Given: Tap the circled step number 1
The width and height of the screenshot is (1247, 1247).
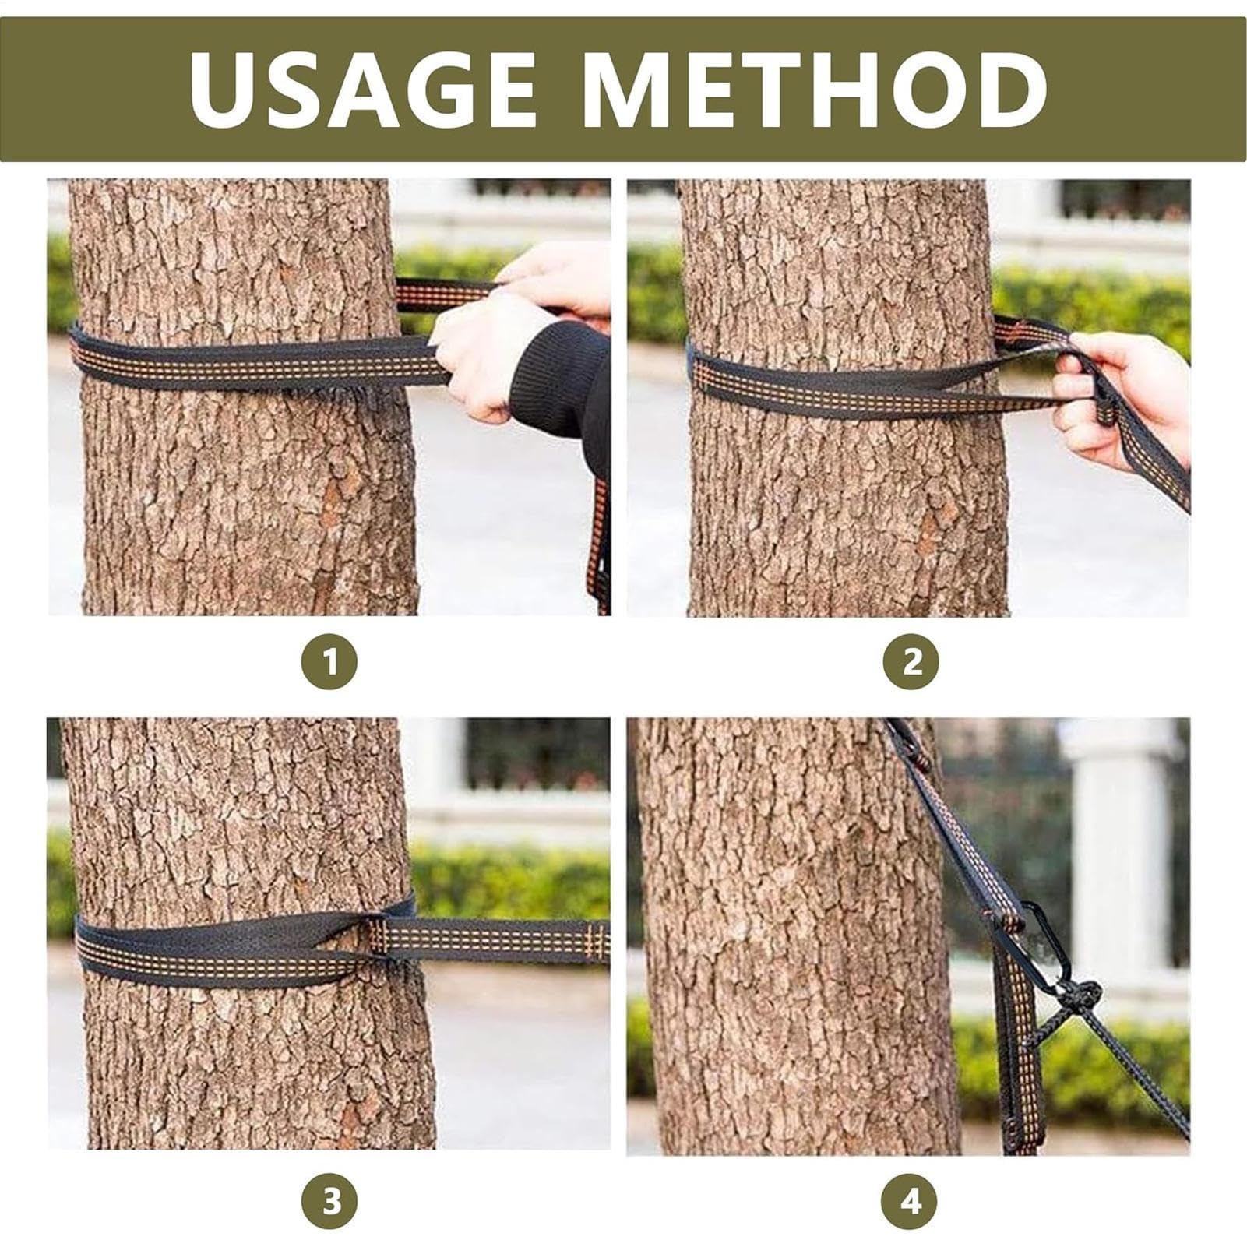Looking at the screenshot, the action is tap(329, 662).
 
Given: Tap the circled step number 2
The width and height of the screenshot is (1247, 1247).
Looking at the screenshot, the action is tap(911, 662).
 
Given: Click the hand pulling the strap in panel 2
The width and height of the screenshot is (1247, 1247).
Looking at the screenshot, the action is tap(1122, 397).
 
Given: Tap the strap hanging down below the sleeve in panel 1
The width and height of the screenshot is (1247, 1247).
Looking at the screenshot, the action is tap(601, 545).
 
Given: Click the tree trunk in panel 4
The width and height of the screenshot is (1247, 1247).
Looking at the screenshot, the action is tap(794, 935).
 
